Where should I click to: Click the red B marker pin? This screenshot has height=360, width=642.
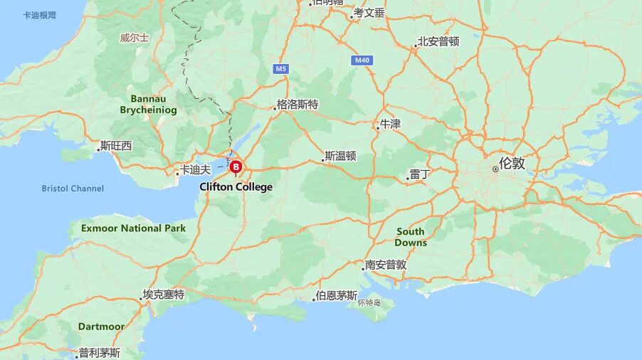click(236, 167)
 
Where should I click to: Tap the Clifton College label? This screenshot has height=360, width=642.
click(236, 187)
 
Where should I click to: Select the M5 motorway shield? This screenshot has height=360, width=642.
click(281, 69)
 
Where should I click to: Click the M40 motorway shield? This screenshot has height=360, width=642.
click(362, 60)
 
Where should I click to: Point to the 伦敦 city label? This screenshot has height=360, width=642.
click(511, 163)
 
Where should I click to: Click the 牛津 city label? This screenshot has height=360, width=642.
click(390, 124)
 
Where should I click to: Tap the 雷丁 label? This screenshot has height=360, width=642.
click(420, 174)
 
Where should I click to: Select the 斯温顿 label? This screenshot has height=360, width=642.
click(340, 156)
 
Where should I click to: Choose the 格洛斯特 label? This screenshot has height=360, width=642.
click(297, 105)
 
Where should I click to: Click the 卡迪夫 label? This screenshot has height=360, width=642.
click(195, 170)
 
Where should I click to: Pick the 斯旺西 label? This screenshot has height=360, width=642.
click(116, 146)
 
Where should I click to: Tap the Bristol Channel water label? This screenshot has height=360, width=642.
click(73, 189)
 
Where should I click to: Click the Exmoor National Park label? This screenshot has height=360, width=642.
click(133, 228)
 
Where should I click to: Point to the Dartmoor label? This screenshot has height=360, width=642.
click(101, 327)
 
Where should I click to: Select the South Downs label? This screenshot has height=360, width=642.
click(411, 237)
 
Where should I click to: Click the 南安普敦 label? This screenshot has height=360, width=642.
click(385, 265)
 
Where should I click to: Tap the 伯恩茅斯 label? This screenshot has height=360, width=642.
click(336, 295)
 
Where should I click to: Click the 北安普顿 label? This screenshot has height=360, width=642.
click(438, 41)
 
